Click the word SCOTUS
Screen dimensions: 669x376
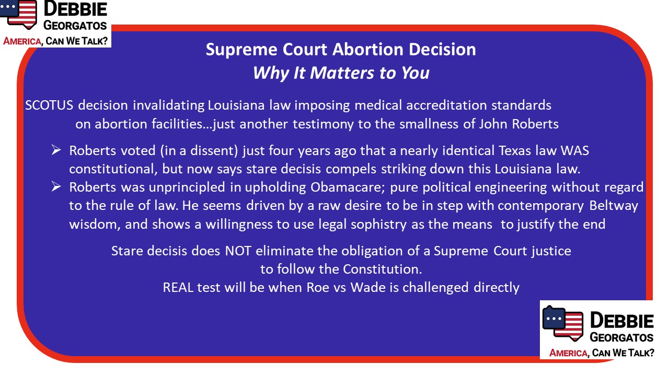[x=49, y=105]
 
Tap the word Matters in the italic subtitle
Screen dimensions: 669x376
[x=342, y=73]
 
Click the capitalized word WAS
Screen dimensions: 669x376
[x=574, y=150]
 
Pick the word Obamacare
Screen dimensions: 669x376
[x=348, y=187]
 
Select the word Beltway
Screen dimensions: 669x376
[x=614, y=206]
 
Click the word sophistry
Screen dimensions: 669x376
[x=378, y=225]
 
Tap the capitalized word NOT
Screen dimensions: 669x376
[x=238, y=251]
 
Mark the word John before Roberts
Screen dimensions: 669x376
[x=493, y=124]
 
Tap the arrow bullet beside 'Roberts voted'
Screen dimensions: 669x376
[x=56, y=150]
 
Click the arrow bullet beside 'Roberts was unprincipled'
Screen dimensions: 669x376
[x=56, y=187]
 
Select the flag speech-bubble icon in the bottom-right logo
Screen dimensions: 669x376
[x=563, y=323]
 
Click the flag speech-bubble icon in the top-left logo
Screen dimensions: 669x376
[x=18, y=14]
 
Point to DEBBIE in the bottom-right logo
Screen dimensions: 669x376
[x=622, y=321]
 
